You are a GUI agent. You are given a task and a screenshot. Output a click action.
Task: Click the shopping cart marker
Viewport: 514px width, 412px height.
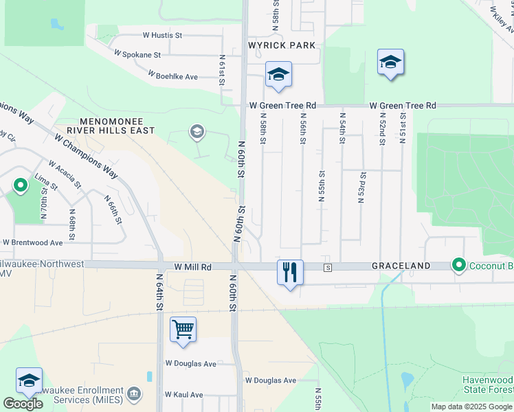tap(183, 329)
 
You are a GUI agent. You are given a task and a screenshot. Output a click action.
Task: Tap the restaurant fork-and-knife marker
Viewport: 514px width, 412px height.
tap(290, 272)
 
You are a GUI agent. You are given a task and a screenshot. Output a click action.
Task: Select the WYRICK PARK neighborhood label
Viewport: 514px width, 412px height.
tap(282, 45)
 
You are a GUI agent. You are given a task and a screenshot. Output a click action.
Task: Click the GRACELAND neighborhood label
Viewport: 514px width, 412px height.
tap(401, 266)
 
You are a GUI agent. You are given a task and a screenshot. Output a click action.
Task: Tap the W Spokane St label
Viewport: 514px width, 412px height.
tap(137, 54)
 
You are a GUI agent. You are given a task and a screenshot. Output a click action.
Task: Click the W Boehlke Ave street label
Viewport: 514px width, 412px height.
tap(172, 76)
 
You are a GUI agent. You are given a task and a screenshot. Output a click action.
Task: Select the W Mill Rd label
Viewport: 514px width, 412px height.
tap(182, 266)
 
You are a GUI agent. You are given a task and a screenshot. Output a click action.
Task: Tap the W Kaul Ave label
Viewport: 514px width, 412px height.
tap(183, 395)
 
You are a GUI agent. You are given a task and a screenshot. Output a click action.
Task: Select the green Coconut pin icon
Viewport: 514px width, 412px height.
tap(458, 264)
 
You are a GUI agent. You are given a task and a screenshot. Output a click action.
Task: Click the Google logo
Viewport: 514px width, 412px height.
tap(23, 404)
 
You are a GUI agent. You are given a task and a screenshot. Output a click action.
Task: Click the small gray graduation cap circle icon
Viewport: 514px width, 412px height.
tap(197, 132)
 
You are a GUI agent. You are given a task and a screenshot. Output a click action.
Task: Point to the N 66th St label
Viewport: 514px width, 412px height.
tap(113, 209)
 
